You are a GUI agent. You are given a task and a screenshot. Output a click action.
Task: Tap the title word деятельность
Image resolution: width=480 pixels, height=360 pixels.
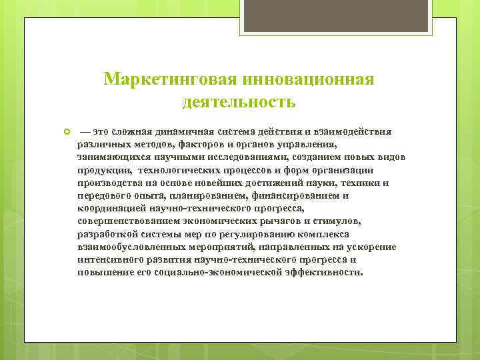point(239,103)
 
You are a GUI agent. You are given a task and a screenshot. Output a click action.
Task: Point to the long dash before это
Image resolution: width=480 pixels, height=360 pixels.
point(85,132)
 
